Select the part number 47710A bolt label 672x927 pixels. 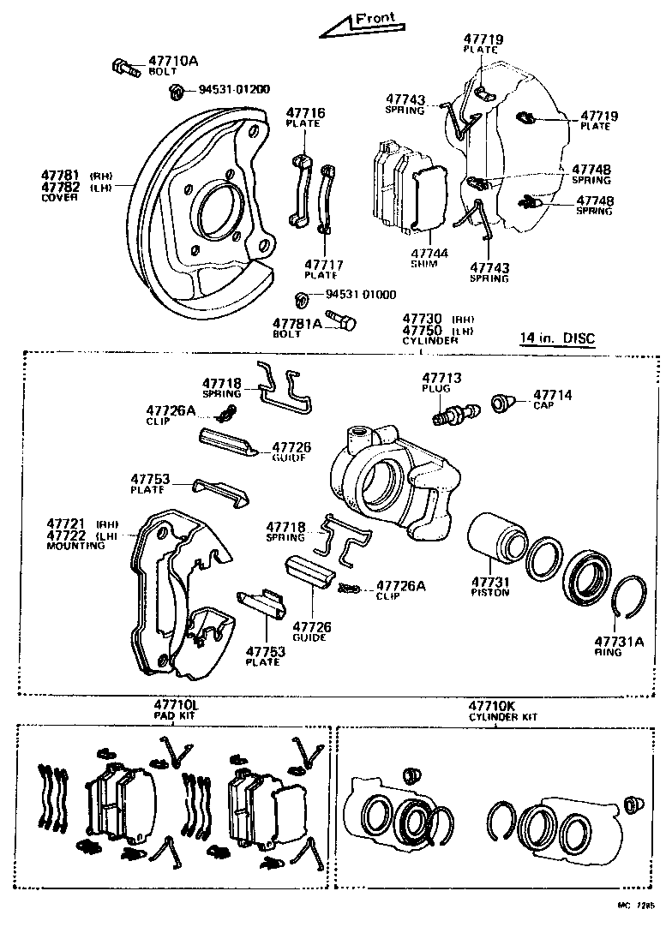[x=173, y=62]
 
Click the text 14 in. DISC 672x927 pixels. [x=556, y=338]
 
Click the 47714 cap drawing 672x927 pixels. [x=501, y=400]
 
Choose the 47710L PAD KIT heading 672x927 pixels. [x=176, y=709]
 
